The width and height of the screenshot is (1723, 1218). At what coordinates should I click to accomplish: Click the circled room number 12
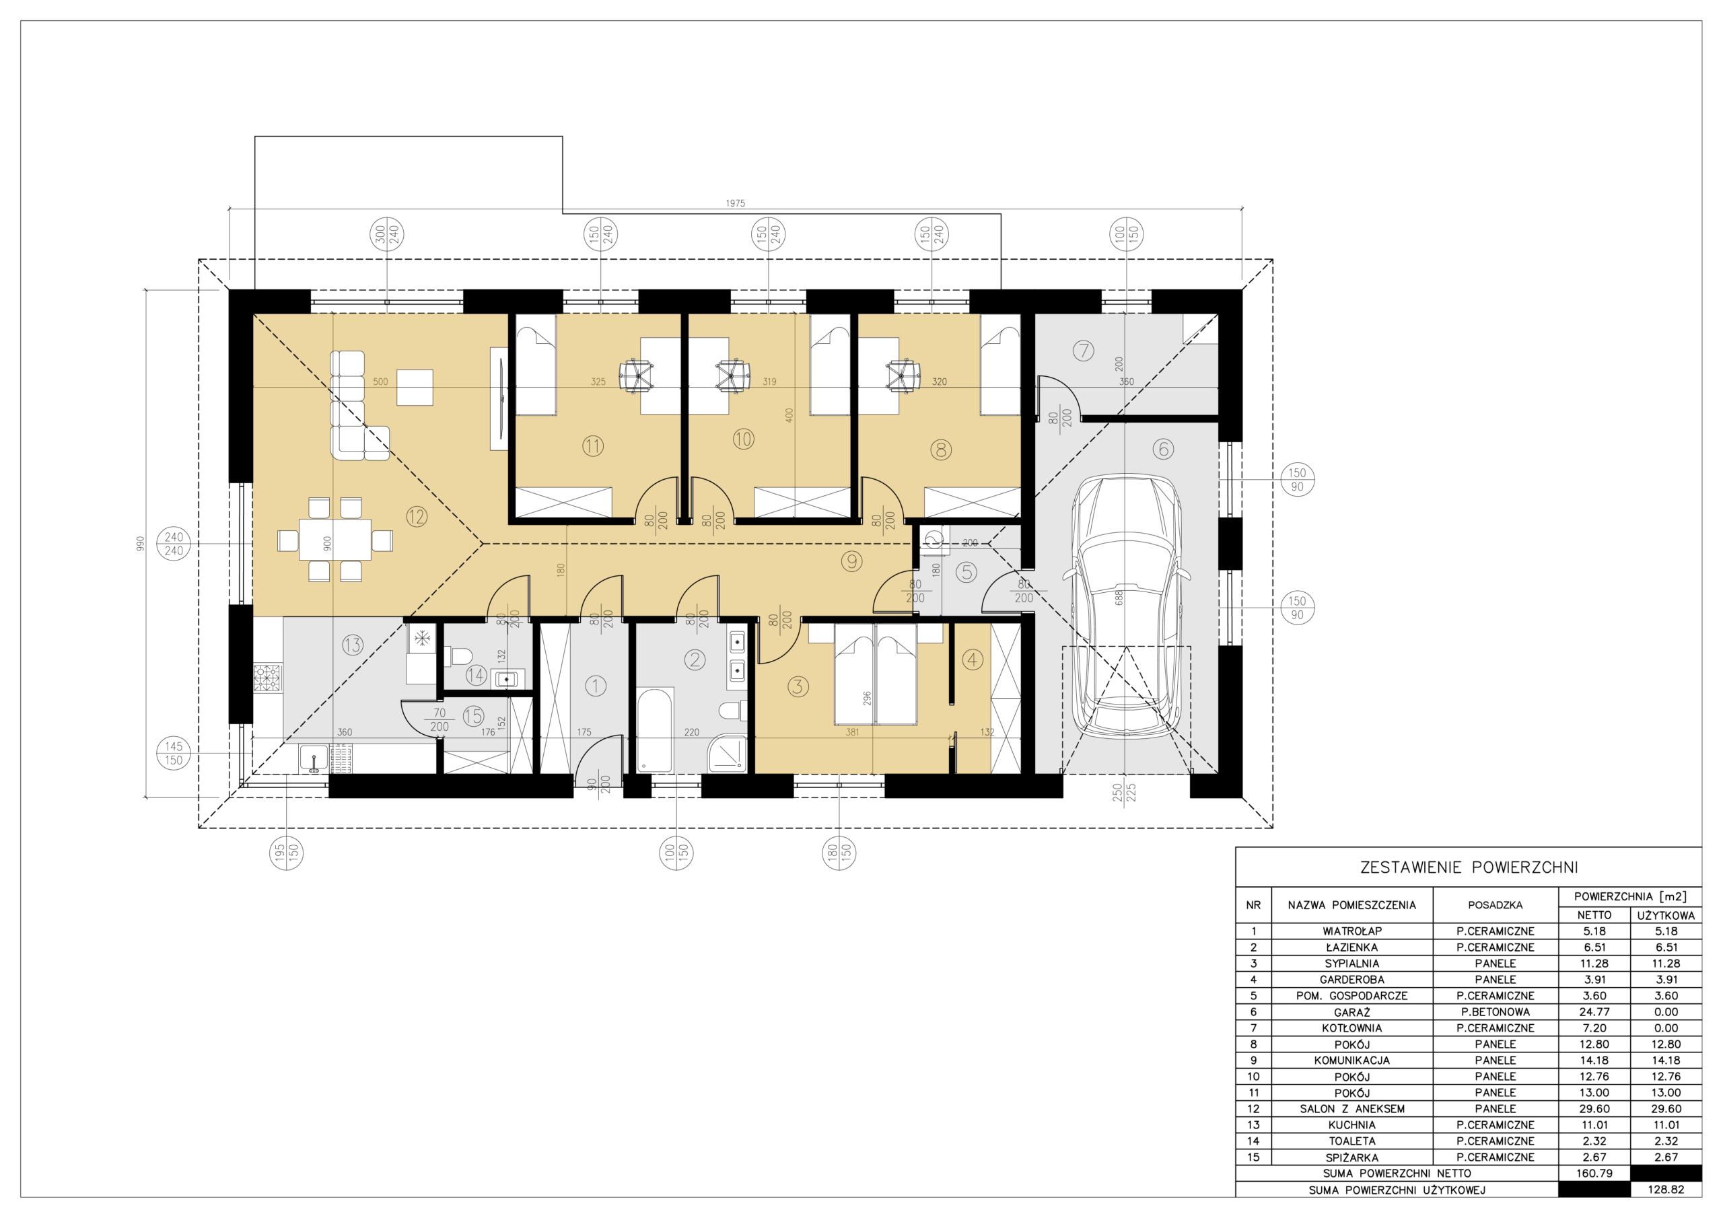point(417,516)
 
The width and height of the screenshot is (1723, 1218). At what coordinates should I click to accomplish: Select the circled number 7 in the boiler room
point(1083,351)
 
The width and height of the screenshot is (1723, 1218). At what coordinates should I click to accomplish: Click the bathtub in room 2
point(654,730)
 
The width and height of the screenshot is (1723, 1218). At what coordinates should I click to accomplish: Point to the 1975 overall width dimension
point(736,203)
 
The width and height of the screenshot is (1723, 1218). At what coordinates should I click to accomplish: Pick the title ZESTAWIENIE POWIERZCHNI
point(1469,867)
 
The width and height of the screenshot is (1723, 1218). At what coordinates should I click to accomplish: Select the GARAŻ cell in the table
point(1351,1011)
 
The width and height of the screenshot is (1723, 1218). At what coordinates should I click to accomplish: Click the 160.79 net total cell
point(1594,1173)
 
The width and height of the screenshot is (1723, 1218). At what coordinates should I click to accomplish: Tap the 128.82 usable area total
point(1666,1190)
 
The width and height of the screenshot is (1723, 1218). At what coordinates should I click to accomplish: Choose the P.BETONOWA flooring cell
point(1495,1011)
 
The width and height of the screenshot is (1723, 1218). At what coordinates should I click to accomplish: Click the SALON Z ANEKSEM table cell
point(1351,1108)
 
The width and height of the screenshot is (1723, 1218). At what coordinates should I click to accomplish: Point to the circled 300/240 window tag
point(387,234)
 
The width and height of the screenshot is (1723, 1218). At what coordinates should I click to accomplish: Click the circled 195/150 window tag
point(287,853)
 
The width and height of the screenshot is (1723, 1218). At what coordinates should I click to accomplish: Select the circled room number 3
point(798,686)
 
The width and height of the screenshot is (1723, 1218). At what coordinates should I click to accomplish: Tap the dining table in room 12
point(335,540)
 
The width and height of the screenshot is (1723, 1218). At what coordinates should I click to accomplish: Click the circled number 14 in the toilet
point(476,675)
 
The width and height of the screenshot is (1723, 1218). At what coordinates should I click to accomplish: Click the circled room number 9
point(851,561)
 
